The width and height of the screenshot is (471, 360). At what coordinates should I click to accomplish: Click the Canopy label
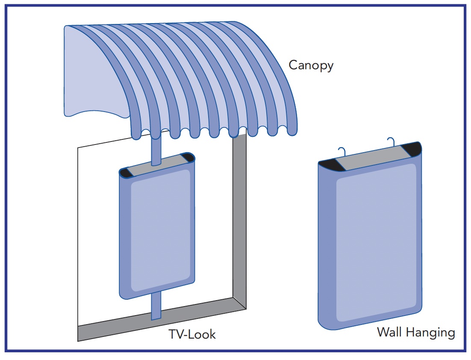(311, 66)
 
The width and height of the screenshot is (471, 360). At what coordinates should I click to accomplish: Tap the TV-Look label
(192, 333)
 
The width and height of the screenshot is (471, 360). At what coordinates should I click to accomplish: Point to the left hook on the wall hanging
(341, 152)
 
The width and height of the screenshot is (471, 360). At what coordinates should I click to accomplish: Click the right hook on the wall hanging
(391, 142)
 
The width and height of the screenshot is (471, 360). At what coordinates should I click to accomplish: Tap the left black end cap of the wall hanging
(330, 165)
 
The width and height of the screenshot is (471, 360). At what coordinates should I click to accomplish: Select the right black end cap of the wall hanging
(412, 149)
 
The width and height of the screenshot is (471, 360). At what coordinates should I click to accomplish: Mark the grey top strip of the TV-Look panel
(157, 165)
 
